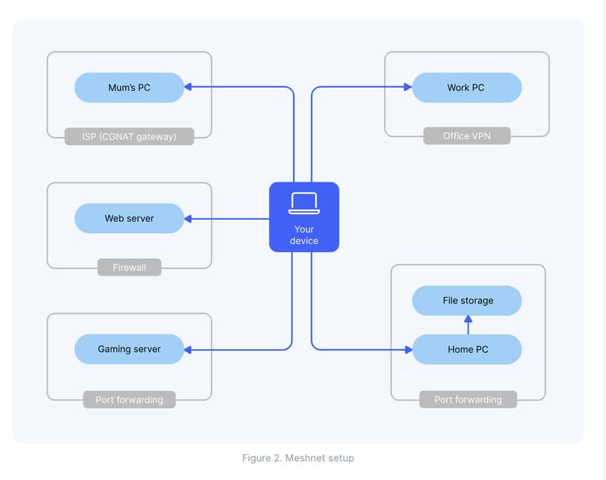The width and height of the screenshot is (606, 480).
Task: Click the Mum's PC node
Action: tap(130, 88)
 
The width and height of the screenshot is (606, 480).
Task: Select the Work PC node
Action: tap(467, 88)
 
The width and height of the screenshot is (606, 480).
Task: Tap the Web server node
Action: tap(130, 219)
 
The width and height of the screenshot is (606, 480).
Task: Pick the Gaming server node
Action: tap(130, 349)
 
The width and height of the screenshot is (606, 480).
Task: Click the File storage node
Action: tap(467, 301)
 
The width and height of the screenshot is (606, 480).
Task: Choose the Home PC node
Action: tap(467, 349)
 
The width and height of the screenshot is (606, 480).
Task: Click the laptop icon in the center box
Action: tap(304, 204)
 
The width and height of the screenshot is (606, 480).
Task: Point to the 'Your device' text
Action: tap(304, 235)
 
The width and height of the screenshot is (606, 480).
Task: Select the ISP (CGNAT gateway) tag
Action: tap(130, 136)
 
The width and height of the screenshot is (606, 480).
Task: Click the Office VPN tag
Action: tap(467, 136)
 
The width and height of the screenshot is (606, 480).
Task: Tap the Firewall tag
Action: tap(130, 267)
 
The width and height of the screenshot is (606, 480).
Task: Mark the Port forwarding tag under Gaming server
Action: tap(130, 399)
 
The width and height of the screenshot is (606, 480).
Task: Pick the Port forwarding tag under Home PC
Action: tap(468, 399)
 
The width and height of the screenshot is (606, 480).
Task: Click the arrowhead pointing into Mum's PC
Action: tap(189, 88)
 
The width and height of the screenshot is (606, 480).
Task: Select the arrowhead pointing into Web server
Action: tap(189, 219)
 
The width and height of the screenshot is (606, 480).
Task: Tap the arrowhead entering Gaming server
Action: tap(189, 349)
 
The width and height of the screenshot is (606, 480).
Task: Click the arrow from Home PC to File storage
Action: tap(467, 325)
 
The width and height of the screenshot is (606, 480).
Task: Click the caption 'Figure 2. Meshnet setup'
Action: tap(298, 458)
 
